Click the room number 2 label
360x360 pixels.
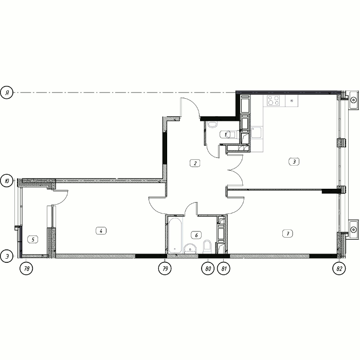(195, 163)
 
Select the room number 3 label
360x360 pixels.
(294, 161)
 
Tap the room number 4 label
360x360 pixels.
(101, 231)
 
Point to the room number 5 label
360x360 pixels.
(33, 240)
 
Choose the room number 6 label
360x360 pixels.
(196, 235)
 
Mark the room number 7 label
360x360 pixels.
(287, 233)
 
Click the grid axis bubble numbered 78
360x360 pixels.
(26, 268)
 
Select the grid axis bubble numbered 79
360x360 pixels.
(165, 268)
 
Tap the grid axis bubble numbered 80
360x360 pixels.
(208, 268)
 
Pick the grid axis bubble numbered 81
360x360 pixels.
(224, 268)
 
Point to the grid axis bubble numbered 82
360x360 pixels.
(339, 268)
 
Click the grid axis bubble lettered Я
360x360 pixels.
(7, 93)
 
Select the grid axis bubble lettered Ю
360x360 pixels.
(7, 181)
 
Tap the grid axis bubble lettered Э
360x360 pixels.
(7, 256)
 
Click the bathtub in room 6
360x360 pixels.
(175, 236)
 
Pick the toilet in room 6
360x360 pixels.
(207, 246)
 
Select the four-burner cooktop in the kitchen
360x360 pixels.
(273, 100)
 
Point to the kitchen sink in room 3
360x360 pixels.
(256, 133)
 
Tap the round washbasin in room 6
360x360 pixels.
(190, 248)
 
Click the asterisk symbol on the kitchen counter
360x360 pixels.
(292, 101)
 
